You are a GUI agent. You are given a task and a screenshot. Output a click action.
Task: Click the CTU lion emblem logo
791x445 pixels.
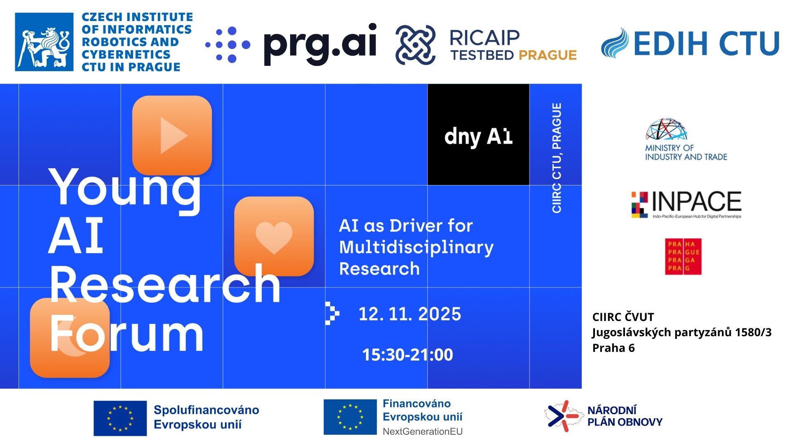coord(44,42)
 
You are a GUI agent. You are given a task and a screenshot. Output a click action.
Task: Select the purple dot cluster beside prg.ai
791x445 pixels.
coord(228,44)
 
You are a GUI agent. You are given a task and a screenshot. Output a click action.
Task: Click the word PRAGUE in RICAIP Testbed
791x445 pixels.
coord(548,55)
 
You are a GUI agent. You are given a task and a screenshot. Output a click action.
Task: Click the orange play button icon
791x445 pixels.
coord(172,135)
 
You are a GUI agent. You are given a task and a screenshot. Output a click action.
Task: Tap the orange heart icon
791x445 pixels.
coord(274,237)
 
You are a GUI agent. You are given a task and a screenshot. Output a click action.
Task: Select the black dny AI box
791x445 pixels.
coord(478,134)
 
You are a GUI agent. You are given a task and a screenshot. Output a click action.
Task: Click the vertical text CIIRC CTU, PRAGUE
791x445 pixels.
coord(557,158)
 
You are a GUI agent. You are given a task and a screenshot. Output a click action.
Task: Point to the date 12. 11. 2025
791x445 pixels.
coord(410,314)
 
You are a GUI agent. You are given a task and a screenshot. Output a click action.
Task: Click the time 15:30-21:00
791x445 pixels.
coord(407,355)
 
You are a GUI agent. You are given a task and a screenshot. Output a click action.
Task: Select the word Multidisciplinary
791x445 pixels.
coord(416,248)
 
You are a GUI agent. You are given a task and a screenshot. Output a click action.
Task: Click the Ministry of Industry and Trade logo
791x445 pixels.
coord(686,139)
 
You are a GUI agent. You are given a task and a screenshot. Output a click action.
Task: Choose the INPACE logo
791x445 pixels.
coord(686,205)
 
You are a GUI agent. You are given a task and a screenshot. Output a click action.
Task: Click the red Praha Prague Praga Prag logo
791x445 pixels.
coord(683,257)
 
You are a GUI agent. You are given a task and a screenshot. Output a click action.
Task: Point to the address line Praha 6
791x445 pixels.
coord(613,348)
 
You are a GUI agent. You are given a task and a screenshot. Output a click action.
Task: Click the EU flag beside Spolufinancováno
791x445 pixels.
coord(120,418)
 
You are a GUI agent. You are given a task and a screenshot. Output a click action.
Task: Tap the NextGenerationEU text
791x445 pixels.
coord(423,431)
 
